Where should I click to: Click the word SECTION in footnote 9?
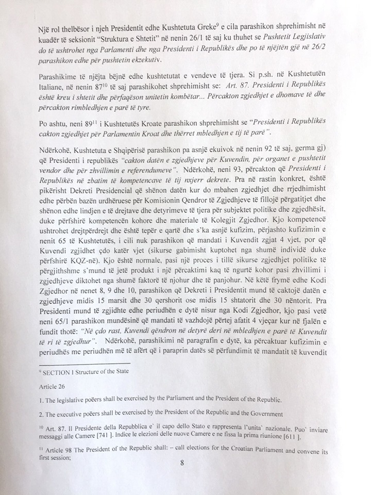pos(61,371)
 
